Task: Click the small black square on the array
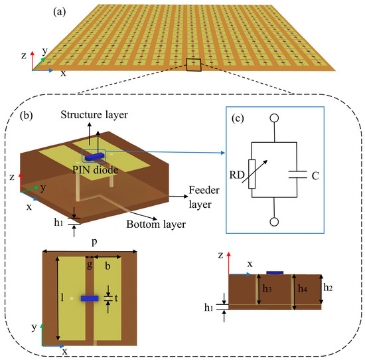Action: [193, 64]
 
